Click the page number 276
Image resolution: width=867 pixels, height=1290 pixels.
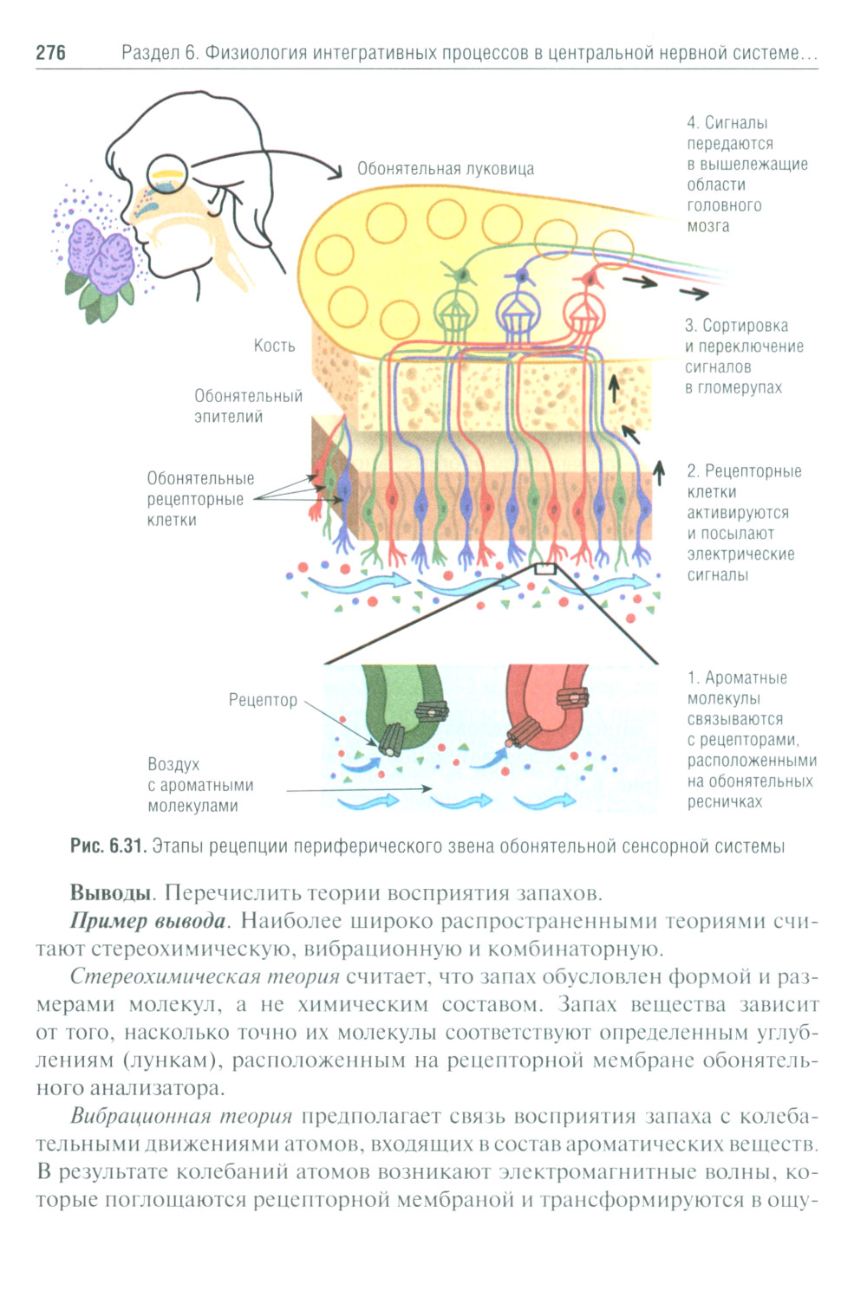tap(50, 53)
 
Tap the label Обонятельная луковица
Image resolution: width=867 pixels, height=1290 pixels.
tap(446, 169)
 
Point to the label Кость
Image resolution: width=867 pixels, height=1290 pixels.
tap(274, 346)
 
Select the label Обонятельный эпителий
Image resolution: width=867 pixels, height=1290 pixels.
tap(248, 406)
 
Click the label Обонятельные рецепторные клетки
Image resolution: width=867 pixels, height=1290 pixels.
tap(199, 499)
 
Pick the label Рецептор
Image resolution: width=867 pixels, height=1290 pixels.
tap(263, 700)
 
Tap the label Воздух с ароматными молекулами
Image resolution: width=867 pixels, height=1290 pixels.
tap(200, 785)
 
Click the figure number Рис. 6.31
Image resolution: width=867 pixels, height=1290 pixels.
tap(108, 846)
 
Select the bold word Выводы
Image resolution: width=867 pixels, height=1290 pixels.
tap(110, 893)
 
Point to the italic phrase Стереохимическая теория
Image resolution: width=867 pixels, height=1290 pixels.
tap(205, 977)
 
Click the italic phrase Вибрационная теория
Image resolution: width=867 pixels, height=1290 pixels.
tap(181, 1117)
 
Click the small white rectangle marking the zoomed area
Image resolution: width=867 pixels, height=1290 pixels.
tap(544, 569)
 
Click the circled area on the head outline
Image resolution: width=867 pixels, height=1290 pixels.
tap(167, 176)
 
